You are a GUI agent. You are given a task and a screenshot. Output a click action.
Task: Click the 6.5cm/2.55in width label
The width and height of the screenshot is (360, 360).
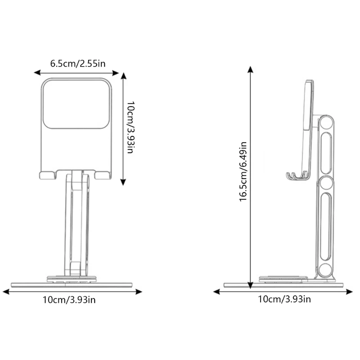coord(78,63)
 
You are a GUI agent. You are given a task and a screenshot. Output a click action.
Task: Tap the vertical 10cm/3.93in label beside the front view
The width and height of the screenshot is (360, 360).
coord(130,127)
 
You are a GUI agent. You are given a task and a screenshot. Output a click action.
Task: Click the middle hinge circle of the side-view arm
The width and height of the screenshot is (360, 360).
coord(326,184)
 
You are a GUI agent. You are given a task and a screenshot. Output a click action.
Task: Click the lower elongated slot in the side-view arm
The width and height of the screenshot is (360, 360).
coord(326,227)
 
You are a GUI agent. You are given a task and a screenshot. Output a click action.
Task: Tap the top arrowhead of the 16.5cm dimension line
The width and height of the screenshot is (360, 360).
coord(250,70)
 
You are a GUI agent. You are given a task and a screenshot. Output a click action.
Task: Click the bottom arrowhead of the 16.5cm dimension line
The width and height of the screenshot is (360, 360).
coord(250,280)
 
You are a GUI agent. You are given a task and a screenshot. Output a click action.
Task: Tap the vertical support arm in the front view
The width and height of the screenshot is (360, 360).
coord(77,225)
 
